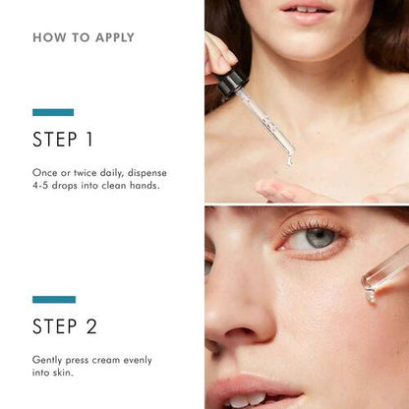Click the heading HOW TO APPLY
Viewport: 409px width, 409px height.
[84, 38]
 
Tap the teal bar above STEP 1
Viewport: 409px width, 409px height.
[53, 112]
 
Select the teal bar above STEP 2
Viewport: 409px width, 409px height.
[53, 299]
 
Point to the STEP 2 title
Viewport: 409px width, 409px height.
[66, 325]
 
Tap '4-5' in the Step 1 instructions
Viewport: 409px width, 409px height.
[41, 185]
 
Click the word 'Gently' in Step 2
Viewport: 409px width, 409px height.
[46, 360]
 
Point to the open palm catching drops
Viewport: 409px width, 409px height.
[295, 189]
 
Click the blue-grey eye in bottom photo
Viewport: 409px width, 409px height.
[320, 238]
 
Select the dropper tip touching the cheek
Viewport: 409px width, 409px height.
[371, 291]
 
